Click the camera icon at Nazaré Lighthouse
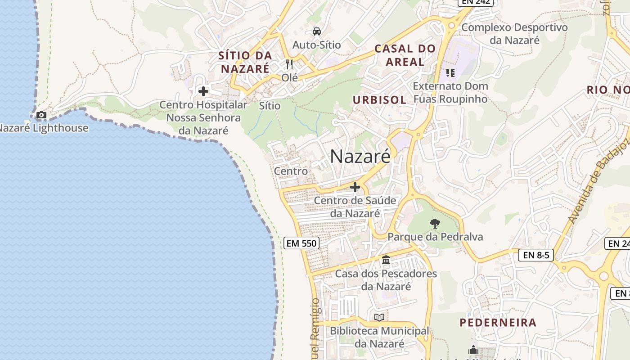click(41, 115)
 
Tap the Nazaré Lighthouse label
click(44, 128)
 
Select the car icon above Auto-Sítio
click(317, 31)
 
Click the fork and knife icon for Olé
click(289, 64)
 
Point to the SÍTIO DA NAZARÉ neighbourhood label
click(245, 62)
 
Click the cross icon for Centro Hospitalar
click(203, 91)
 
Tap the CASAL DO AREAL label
click(405, 55)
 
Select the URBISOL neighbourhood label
click(379, 100)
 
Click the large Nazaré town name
click(360, 157)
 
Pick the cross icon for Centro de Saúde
click(355, 187)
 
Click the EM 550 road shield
click(302, 243)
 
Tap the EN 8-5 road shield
click(536, 255)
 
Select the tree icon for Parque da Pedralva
click(435, 223)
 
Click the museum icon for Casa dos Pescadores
click(386, 260)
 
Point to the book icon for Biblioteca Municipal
click(379, 318)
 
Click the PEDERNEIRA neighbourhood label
click(498, 322)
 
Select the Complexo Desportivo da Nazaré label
click(514, 34)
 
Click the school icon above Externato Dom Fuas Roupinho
click(450, 72)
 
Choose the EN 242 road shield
click(476, 2)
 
